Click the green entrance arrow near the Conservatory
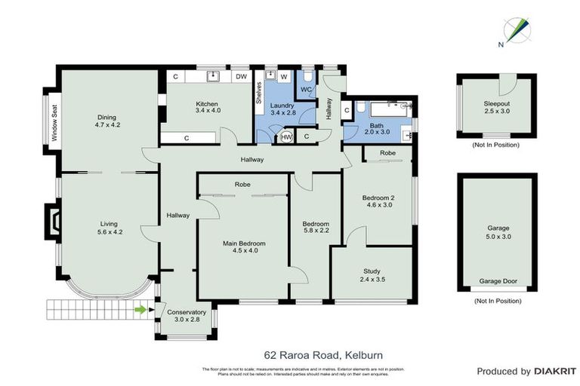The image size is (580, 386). coord(140,308)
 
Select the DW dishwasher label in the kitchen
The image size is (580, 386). coord(241,77)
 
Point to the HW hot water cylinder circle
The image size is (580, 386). coord(286,137)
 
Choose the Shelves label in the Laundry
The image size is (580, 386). coord(259,91)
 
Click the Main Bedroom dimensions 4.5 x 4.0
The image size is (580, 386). coord(244,251)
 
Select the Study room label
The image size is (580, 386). coord(372,271)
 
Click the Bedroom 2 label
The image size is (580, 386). coord(381,198)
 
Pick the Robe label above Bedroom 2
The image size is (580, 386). coord(387,152)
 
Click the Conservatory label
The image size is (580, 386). coord(187,312)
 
